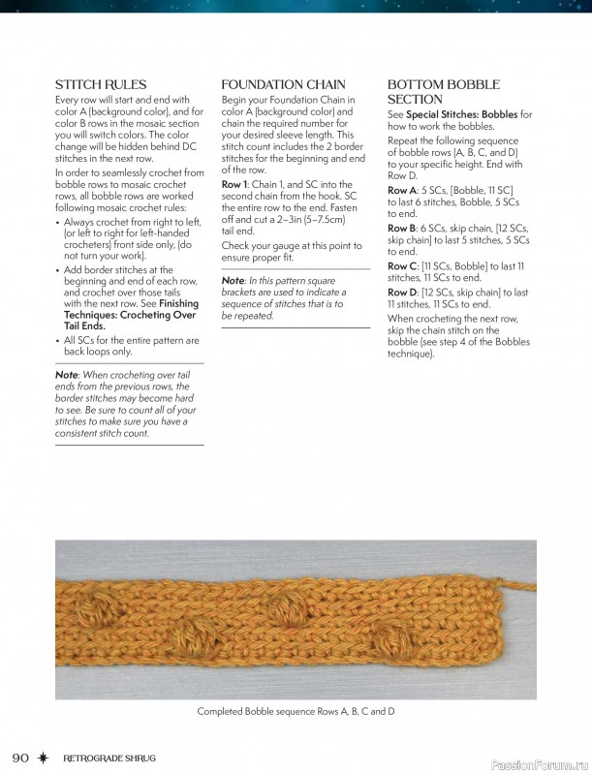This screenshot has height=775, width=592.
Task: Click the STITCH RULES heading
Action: click(x=101, y=85)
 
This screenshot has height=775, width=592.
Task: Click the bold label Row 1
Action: click(x=234, y=184)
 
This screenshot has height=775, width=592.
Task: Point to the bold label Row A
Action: click(x=401, y=191)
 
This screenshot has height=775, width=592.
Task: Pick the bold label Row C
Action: click(x=401, y=266)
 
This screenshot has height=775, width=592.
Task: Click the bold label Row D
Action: click(x=401, y=293)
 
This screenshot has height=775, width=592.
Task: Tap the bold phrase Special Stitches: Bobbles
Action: click(x=461, y=114)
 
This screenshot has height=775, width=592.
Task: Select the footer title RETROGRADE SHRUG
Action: click(x=109, y=757)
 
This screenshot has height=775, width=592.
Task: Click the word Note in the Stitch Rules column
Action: click(x=66, y=374)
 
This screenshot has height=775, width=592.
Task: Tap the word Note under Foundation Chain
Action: click(x=232, y=281)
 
